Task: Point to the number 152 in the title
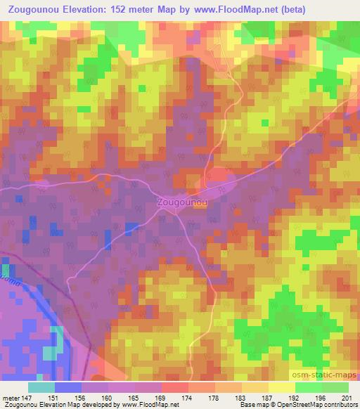[128, 10]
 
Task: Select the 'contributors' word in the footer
[340, 405]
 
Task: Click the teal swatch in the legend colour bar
[41, 387]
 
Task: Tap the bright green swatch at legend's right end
[335, 387]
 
